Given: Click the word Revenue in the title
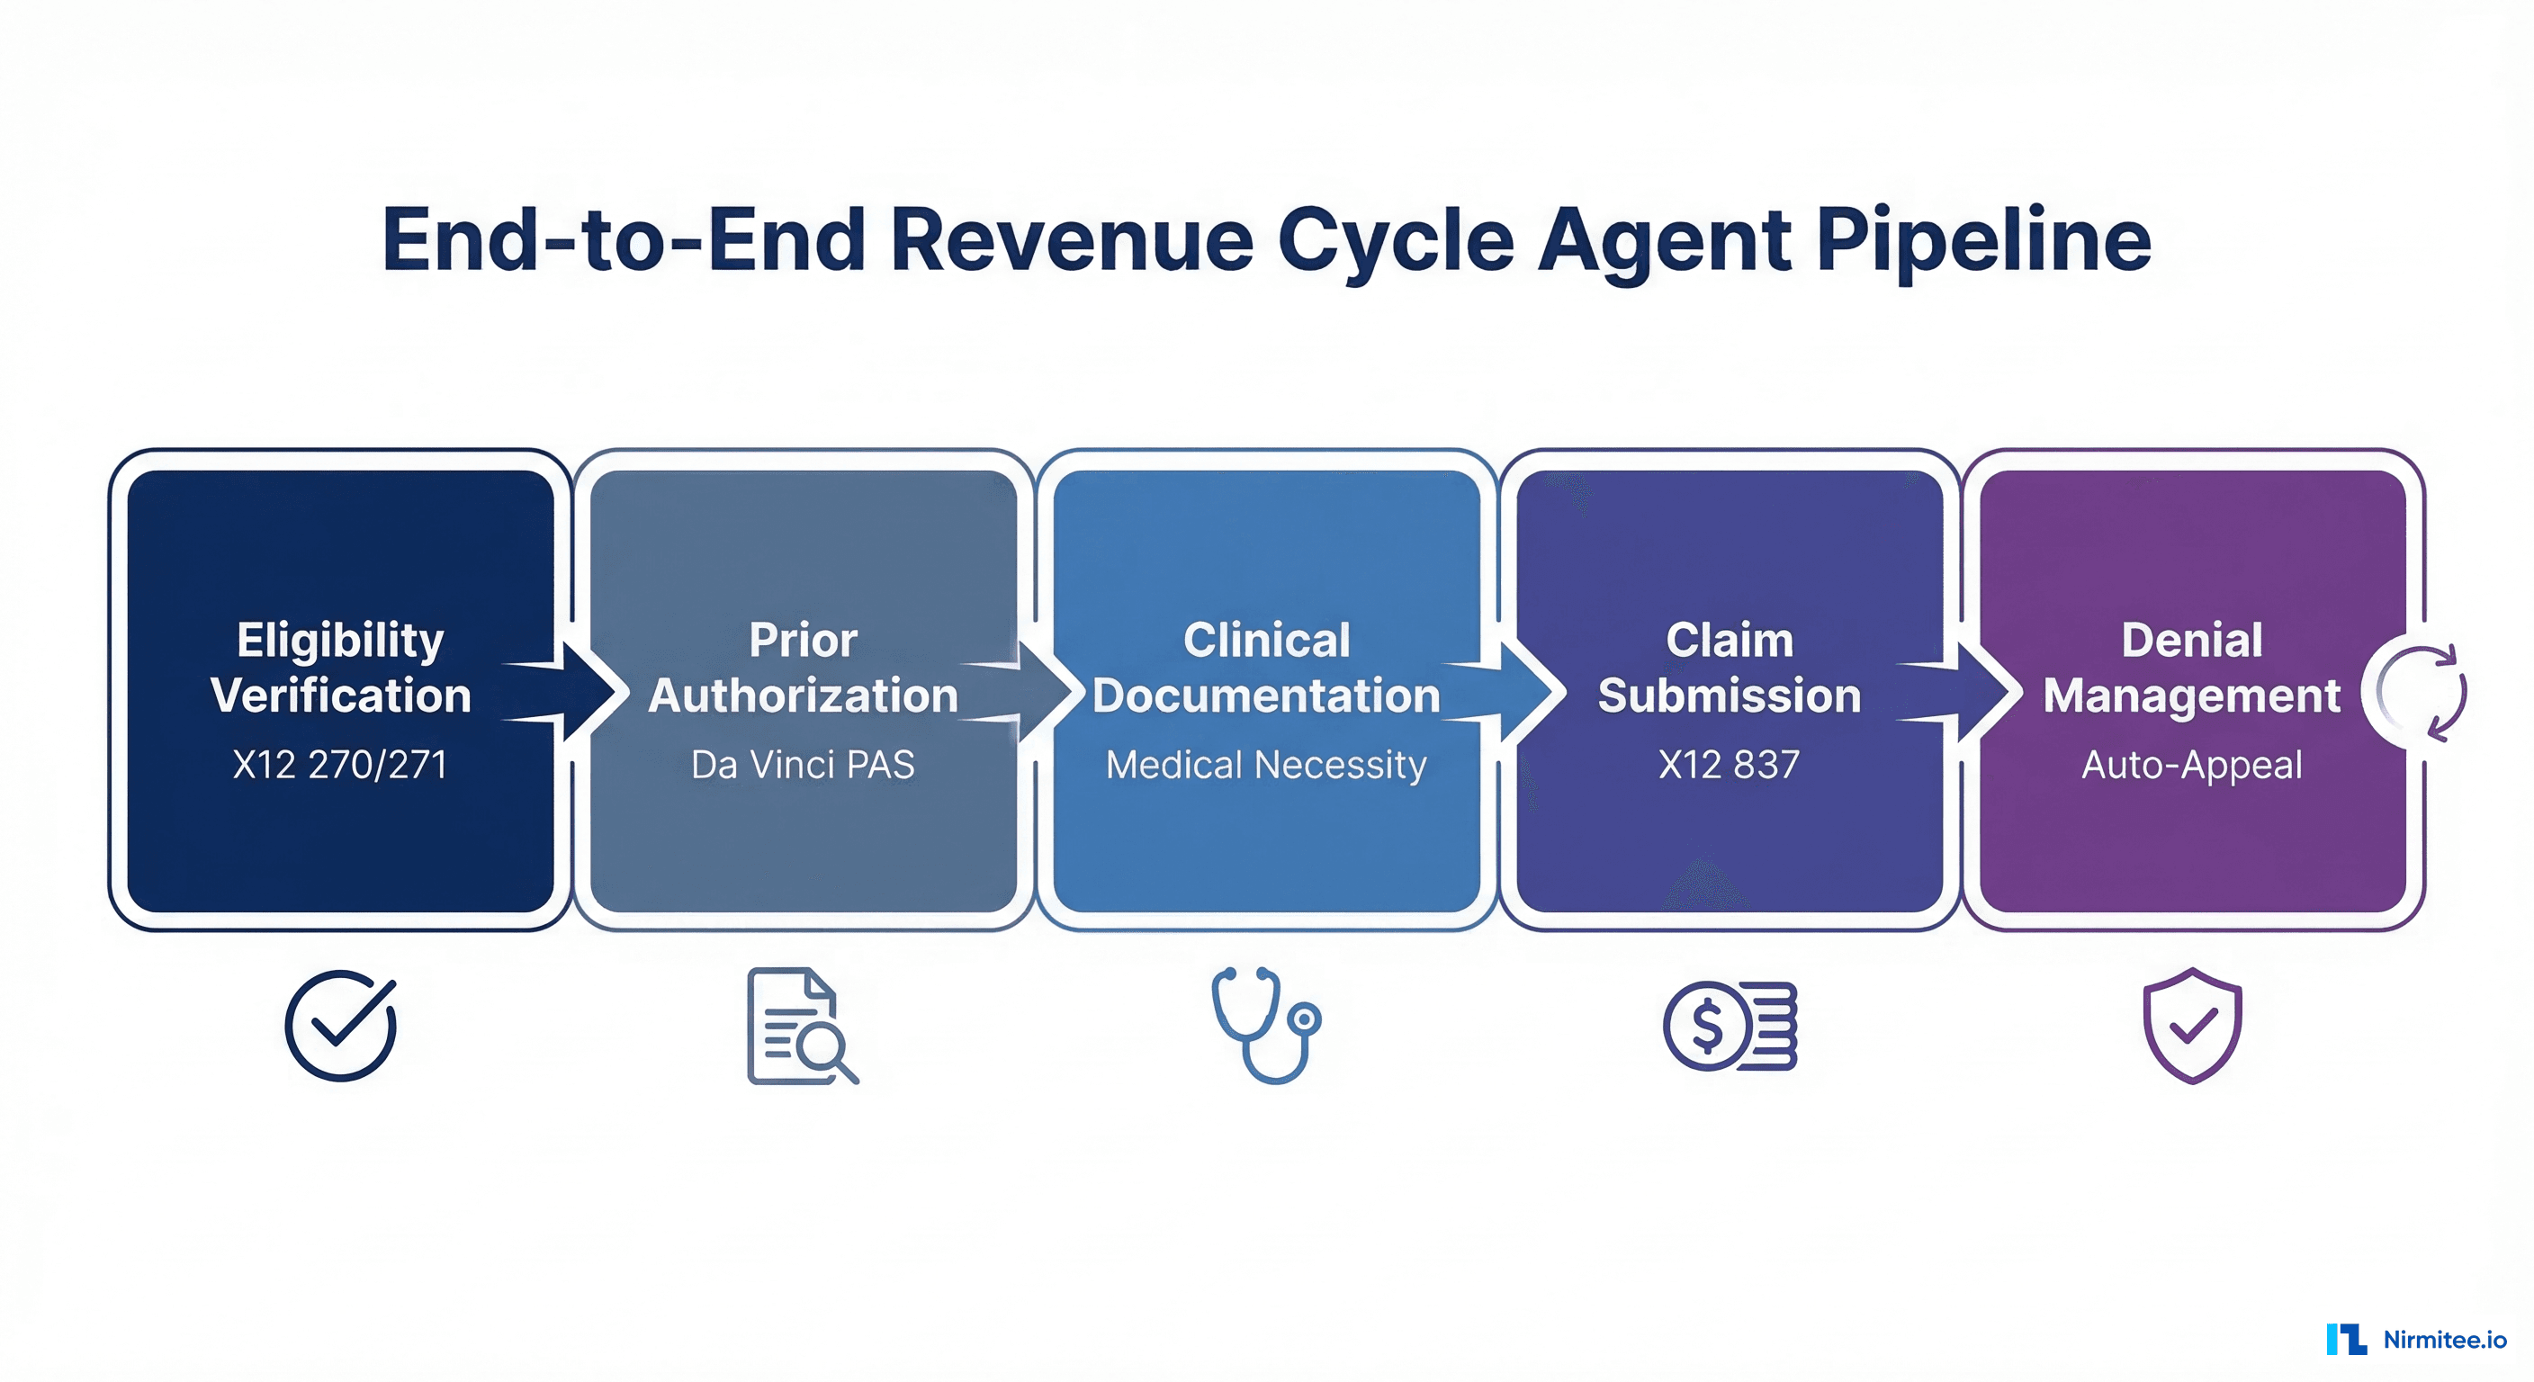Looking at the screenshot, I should tap(1070, 241).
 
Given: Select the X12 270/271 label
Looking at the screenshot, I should tap(339, 764).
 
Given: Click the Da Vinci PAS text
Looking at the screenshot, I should tap(803, 764).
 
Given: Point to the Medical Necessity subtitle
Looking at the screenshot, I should tap(1265, 764).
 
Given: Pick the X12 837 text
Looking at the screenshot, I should tap(1729, 764).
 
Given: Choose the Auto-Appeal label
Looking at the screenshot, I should tap(2192, 764).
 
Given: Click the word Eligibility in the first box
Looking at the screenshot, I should tap(339, 641).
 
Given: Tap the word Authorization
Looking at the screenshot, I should tap(803, 695).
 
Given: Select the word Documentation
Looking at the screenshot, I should tap(1265, 695).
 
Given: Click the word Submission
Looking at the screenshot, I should tap(1729, 695).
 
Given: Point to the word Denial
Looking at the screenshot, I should tap(2192, 641).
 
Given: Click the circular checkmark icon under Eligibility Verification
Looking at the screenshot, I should tap(340, 1026).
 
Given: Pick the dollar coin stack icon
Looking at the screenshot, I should tap(1730, 1026).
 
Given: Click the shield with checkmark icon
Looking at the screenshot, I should tap(2192, 1026).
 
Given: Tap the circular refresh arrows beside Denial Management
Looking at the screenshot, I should tap(2422, 693).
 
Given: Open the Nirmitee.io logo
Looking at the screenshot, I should tap(2417, 1340).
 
